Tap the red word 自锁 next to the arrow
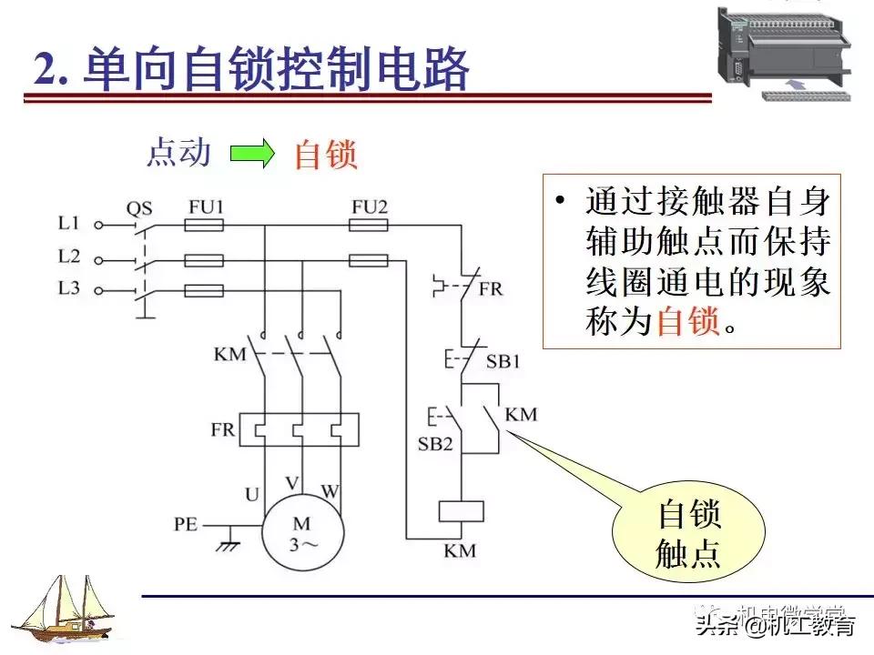(325, 155)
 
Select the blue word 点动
(179, 153)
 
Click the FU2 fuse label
(369, 207)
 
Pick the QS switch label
(138, 207)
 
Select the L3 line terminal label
(69, 290)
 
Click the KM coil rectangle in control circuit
(462, 510)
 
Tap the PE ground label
(187, 525)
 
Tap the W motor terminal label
(330, 492)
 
